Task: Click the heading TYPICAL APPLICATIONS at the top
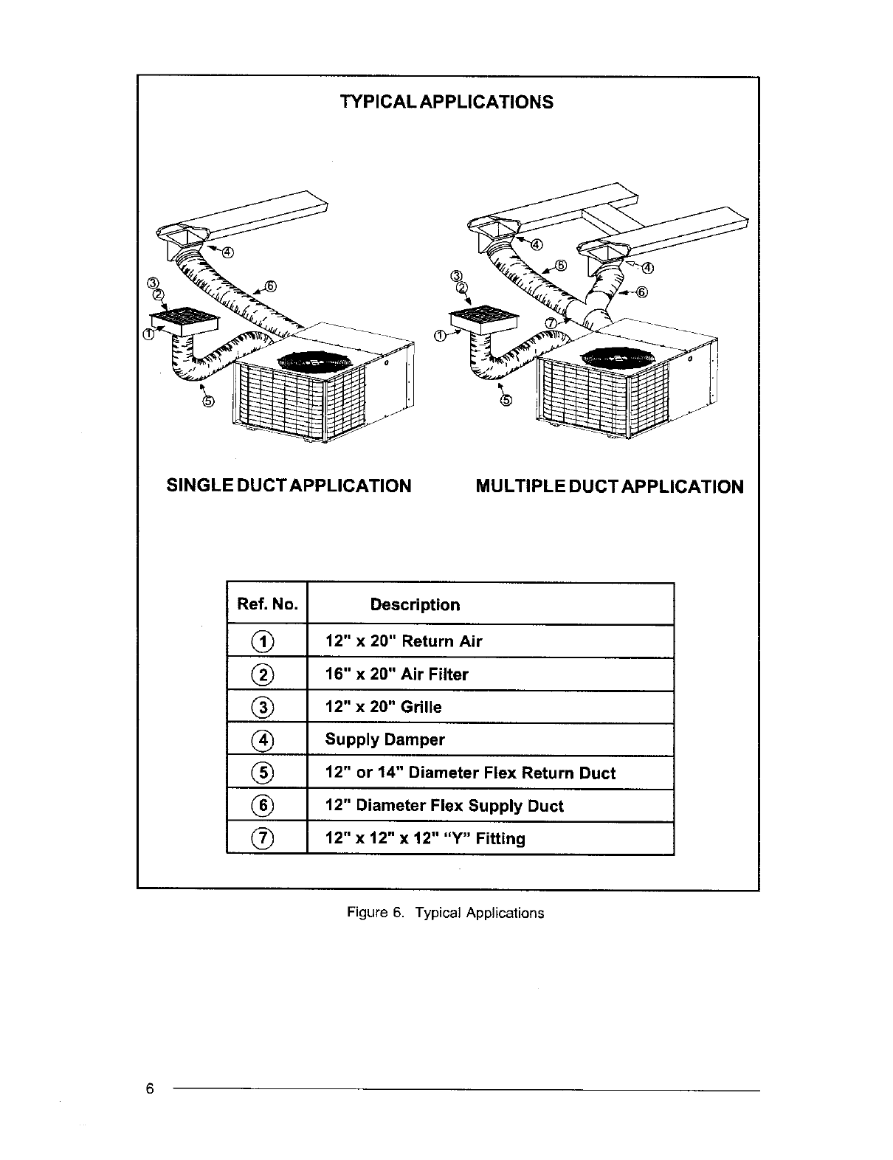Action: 446,102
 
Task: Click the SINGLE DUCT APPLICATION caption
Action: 289,486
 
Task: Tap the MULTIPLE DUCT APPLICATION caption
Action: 610,487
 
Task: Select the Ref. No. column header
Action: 267,605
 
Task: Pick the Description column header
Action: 415,605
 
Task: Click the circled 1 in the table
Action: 266,641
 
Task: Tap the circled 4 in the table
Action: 266,740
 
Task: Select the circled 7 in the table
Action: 266,839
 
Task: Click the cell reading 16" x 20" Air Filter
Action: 397,674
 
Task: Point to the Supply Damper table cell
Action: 385,740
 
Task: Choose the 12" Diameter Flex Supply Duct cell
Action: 444,806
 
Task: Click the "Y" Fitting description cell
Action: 426,839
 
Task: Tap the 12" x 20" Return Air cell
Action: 404,641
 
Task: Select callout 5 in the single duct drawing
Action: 208,401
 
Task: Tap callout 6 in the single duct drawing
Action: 270,286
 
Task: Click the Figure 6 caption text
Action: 446,913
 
